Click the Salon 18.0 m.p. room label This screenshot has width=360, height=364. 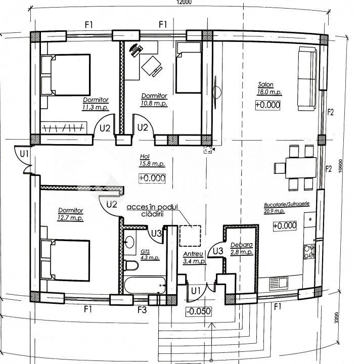[x=269, y=88]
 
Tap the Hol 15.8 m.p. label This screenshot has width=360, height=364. [x=152, y=160]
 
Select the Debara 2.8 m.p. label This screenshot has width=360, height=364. [x=242, y=248]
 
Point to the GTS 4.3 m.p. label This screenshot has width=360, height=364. [x=150, y=255]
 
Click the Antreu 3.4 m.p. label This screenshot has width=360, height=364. [x=194, y=258]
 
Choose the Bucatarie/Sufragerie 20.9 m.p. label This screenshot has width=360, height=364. [x=287, y=207]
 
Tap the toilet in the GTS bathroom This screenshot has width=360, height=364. [x=131, y=265]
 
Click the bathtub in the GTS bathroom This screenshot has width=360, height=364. [x=145, y=285]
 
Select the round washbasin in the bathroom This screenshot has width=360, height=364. [x=129, y=242]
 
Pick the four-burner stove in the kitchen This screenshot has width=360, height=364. [x=309, y=252]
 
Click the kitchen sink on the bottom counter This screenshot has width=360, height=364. [x=279, y=283]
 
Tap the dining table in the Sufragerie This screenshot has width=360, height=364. [x=301, y=168]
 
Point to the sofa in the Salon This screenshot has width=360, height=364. [x=307, y=78]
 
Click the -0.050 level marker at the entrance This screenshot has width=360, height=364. [x=199, y=311]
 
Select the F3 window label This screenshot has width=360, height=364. [x=142, y=310]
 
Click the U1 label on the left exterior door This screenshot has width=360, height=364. [x=24, y=154]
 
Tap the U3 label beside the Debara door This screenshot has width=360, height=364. [x=218, y=251]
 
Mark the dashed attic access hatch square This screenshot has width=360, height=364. [x=190, y=236]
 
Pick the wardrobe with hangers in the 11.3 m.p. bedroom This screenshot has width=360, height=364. [x=64, y=127]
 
